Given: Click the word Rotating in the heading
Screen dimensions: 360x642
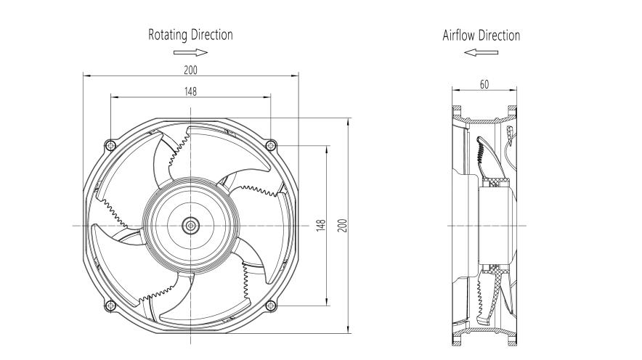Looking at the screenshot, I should [x=167, y=35].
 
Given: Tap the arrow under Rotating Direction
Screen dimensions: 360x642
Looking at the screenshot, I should [x=191, y=52].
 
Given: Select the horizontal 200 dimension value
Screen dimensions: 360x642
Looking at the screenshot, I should [x=190, y=70].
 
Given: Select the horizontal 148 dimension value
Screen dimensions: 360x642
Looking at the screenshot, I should [x=190, y=91].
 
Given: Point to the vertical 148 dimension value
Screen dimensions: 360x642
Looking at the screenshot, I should [x=320, y=225].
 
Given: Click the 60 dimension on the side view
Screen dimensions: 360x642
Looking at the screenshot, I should [x=484, y=84].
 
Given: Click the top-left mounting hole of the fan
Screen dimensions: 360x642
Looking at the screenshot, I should [x=109, y=144].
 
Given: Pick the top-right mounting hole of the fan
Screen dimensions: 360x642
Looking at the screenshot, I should [x=271, y=144].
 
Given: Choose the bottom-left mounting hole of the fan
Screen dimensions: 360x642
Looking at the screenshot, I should [x=109, y=305].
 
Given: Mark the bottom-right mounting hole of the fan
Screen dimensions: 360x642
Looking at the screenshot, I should [x=271, y=305].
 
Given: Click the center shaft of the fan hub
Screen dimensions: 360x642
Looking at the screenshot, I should [x=190, y=225].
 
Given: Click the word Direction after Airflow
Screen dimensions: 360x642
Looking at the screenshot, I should [x=500, y=35].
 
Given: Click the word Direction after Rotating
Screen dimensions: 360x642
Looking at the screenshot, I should [x=212, y=35].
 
